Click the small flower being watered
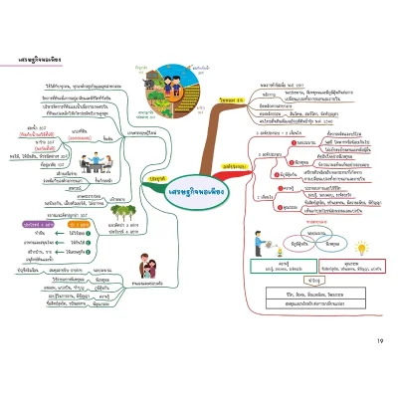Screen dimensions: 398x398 pyautogui.click(x=253, y=254)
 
